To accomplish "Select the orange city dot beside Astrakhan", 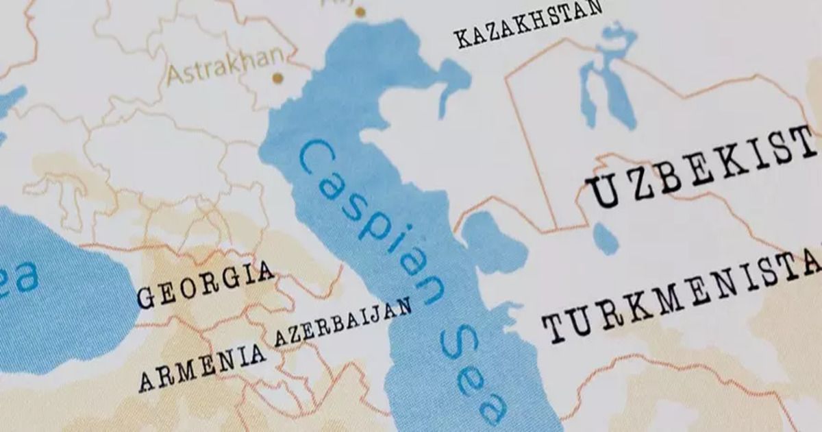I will pyautogui.click(x=277, y=78).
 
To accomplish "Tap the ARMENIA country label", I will pyautogui.click(x=202, y=367).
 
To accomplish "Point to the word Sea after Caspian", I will pyautogui.click(x=473, y=374).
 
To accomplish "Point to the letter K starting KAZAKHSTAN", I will pyautogui.click(x=464, y=39).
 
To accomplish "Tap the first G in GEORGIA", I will pyautogui.click(x=145, y=298).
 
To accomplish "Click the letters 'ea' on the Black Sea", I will pyautogui.click(x=17, y=281).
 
